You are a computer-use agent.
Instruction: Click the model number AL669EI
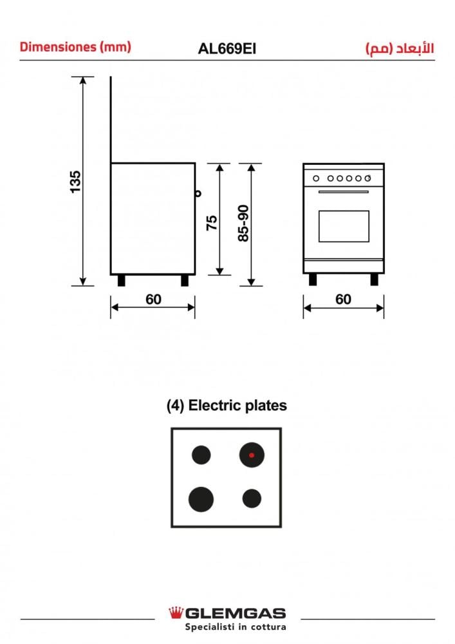pyautogui.click(x=227, y=49)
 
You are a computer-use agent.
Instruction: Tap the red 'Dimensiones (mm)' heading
pyautogui.click(x=75, y=47)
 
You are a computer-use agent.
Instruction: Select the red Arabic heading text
pyautogui.click(x=400, y=48)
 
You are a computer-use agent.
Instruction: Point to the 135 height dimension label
pyautogui.click(x=75, y=182)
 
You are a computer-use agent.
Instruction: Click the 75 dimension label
pyautogui.click(x=211, y=223)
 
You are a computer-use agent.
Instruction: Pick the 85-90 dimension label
pyautogui.click(x=243, y=223)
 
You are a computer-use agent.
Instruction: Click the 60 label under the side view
pyautogui.click(x=153, y=299)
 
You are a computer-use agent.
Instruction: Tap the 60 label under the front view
pyautogui.click(x=344, y=299)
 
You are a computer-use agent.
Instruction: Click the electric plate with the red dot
pyautogui.click(x=252, y=455)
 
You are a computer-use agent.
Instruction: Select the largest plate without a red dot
pyautogui.click(x=201, y=500)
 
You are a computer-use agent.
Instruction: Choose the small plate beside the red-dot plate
pyautogui.click(x=201, y=455)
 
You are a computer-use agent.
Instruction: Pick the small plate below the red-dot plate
pyautogui.click(x=252, y=498)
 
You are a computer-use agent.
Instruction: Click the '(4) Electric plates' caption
pyautogui.click(x=227, y=406)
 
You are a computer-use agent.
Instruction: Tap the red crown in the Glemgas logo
pyautogui.click(x=176, y=612)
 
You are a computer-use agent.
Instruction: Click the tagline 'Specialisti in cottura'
pyautogui.click(x=235, y=627)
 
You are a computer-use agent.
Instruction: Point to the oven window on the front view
pyautogui.click(x=344, y=226)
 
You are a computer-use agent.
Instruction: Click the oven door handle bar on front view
pyautogui.click(x=344, y=192)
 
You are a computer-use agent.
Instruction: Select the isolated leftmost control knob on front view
pyautogui.click(x=316, y=178)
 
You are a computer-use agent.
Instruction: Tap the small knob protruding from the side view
pyautogui.click(x=198, y=193)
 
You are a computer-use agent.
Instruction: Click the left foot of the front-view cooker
pyautogui.click(x=313, y=279)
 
